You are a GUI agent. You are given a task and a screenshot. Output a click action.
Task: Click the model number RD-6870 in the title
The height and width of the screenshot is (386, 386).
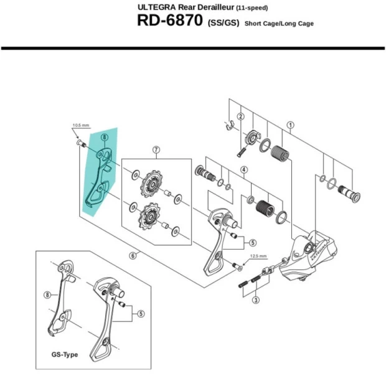(167, 22)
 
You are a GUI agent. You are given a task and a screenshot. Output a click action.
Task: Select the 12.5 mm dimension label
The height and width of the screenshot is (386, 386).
(258, 256)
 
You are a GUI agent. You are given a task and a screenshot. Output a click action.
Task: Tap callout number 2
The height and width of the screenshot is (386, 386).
(240, 116)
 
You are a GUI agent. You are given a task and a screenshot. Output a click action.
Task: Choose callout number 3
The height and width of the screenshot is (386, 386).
(255, 300)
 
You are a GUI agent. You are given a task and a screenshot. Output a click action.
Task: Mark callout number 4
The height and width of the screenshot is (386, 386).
(245, 169)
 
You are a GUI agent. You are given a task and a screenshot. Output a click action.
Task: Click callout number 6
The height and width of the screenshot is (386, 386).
(133, 255)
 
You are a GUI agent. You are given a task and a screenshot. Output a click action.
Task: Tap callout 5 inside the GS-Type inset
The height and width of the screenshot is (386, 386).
(141, 314)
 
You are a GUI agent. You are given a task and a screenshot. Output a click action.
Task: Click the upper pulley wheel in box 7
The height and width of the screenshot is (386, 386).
(151, 184)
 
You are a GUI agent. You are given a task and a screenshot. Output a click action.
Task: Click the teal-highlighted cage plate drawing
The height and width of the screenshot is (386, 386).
(96, 177)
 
